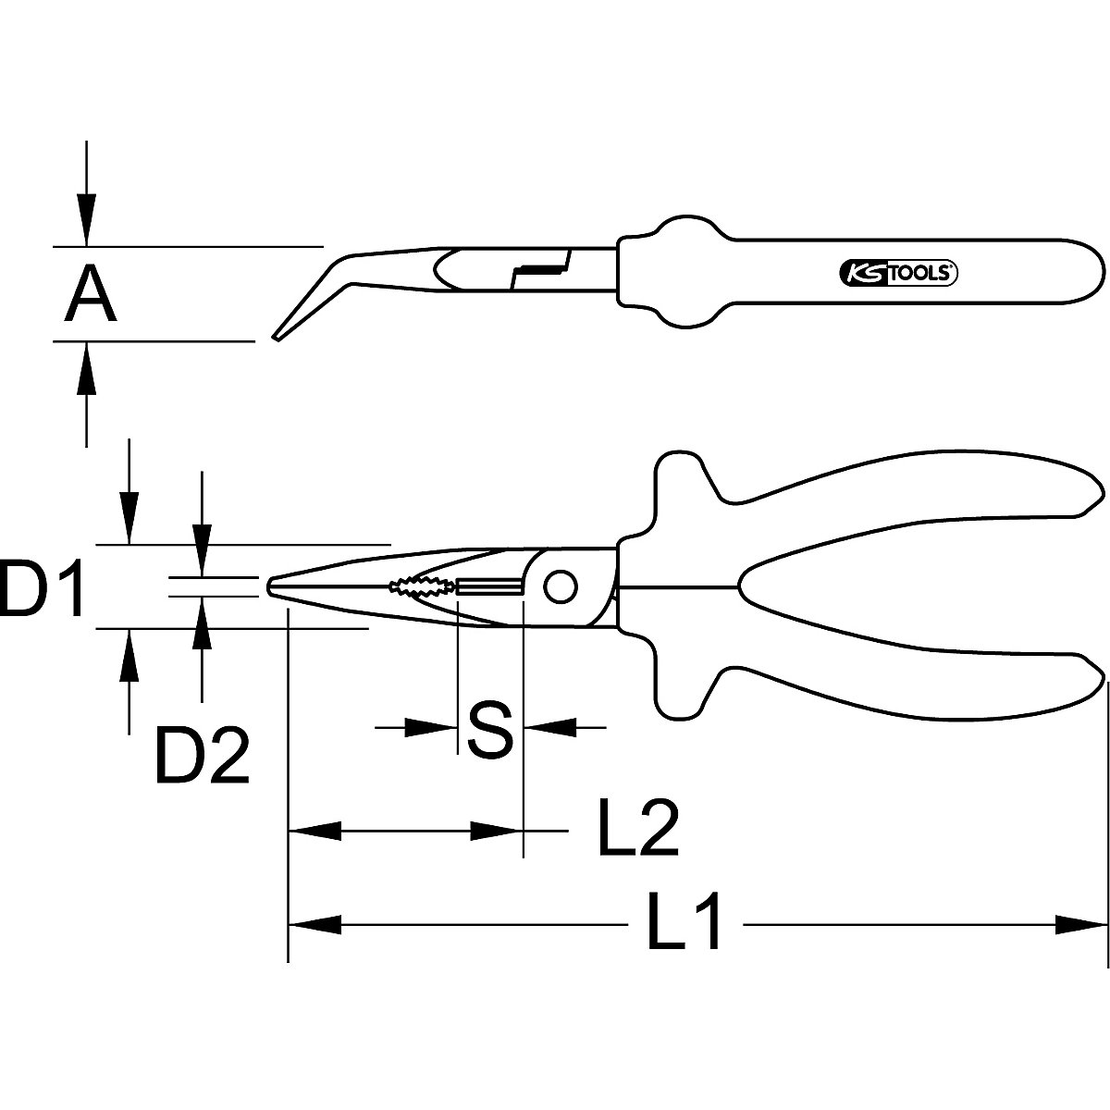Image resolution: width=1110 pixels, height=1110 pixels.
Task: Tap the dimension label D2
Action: (x=203, y=756)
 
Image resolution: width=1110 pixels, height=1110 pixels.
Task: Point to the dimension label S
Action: (x=489, y=730)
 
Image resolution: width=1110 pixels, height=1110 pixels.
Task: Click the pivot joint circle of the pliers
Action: (x=559, y=586)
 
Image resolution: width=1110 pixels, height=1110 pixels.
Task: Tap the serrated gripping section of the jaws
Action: (x=421, y=586)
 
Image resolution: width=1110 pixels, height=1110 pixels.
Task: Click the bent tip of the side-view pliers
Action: (x=277, y=335)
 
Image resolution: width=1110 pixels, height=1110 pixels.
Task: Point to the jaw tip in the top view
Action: (x=270, y=586)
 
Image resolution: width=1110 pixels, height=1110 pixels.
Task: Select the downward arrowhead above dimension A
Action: (x=86, y=222)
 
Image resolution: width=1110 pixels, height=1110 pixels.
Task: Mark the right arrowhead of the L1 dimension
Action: (x=1082, y=923)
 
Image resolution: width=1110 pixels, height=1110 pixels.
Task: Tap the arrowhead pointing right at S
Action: (x=435, y=728)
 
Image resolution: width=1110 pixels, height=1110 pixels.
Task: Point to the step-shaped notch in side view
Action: (x=536, y=269)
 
